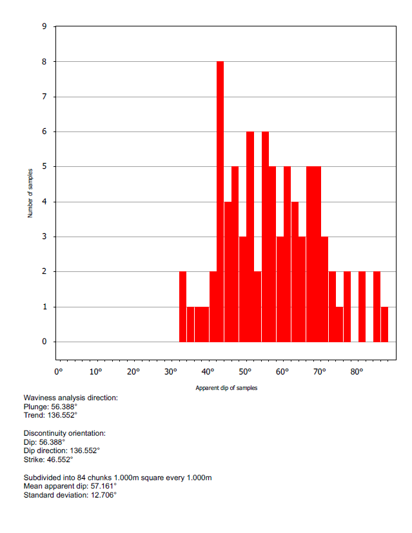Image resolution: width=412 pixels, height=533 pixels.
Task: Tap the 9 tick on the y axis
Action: [44, 27]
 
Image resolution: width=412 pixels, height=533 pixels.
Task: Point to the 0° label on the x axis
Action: [59, 372]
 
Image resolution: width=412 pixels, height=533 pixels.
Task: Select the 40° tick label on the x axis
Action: [208, 372]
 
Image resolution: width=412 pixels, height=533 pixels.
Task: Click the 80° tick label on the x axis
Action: [357, 372]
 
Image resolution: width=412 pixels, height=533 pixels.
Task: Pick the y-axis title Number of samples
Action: [30, 194]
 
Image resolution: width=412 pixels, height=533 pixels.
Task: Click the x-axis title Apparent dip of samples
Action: [226, 388]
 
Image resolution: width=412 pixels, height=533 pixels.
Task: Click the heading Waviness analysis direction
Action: [70, 398]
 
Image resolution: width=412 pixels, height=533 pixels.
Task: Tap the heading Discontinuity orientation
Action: [64, 433]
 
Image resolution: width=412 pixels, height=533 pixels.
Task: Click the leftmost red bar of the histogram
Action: [182, 307]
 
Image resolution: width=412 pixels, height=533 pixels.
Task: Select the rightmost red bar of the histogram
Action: [384, 324]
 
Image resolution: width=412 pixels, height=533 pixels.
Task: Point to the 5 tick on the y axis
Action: [44, 167]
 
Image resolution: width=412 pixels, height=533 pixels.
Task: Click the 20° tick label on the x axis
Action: [133, 372]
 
